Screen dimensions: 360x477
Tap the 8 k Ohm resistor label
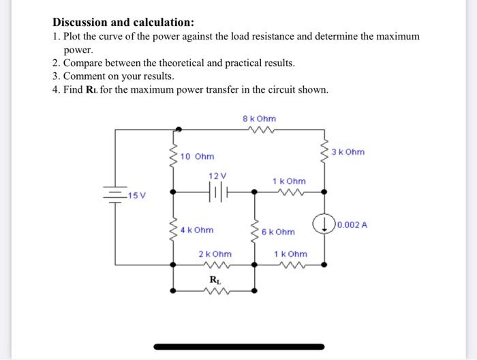coord(259,119)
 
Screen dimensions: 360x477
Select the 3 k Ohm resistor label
coord(348,151)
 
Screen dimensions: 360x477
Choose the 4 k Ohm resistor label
coord(197,230)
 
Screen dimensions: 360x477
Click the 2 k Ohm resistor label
coord(215,254)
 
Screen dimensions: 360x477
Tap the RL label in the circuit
coord(215,280)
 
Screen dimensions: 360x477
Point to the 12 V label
coord(217,175)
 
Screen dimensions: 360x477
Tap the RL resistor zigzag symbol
coord(215,290)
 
